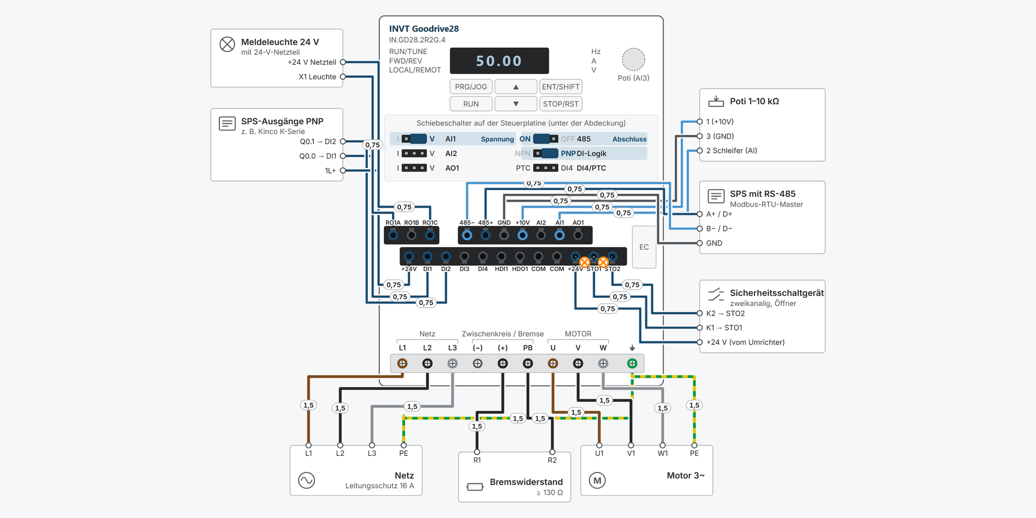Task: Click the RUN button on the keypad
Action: pyautogui.click(x=471, y=104)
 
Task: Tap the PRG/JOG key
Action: pyautogui.click(x=471, y=87)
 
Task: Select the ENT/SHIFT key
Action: pyautogui.click(x=560, y=87)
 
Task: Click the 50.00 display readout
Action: pyautogui.click(x=499, y=61)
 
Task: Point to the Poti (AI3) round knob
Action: pyautogui.click(x=633, y=59)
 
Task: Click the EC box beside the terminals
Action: pyautogui.click(x=644, y=247)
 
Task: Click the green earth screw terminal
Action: pyautogui.click(x=632, y=364)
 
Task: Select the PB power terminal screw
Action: pyautogui.click(x=528, y=364)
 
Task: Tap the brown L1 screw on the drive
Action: pyautogui.click(x=402, y=364)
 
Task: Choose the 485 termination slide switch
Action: pyautogui.click(x=545, y=139)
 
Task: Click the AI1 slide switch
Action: pyautogui.click(x=414, y=139)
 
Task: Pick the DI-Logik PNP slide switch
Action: pyautogui.click(x=545, y=153)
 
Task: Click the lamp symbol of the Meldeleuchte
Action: pyautogui.click(x=227, y=45)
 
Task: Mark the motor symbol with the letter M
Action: pyautogui.click(x=597, y=480)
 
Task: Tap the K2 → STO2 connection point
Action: pyautogui.click(x=700, y=313)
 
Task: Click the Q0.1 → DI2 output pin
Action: pyautogui.click(x=342, y=141)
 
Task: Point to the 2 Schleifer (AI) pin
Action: pyautogui.click(x=700, y=151)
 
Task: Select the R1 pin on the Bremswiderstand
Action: pyautogui.click(x=477, y=452)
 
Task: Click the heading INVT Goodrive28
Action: pyautogui.click(x=424, y=29)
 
